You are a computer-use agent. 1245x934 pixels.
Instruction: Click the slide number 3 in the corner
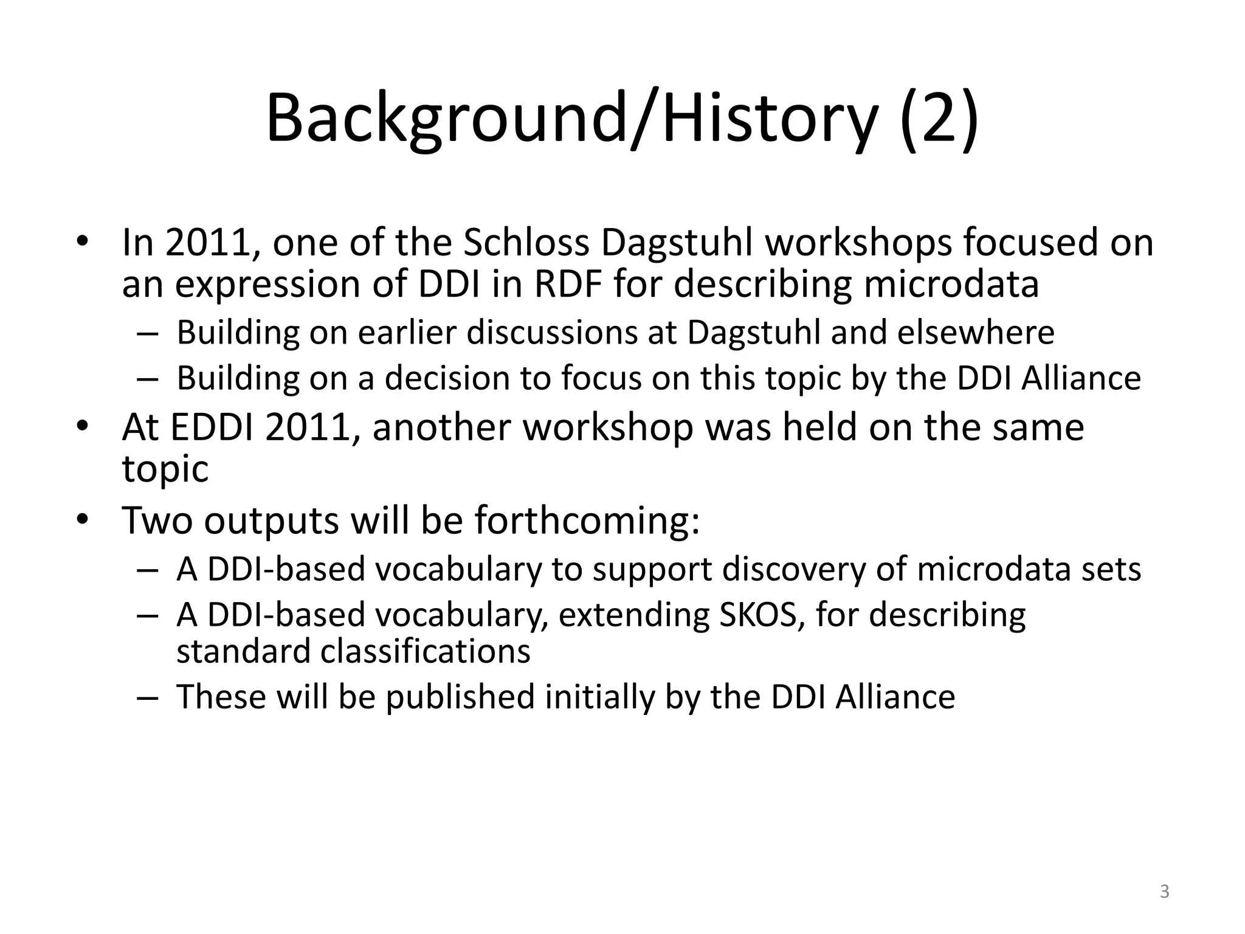1164,892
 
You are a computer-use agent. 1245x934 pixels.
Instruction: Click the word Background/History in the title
571,119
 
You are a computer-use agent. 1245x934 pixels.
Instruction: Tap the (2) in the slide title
939,119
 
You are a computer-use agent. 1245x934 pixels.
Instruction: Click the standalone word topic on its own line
165,469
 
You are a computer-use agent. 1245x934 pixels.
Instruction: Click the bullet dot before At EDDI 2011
83,427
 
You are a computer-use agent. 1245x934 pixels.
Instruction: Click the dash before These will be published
147,697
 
